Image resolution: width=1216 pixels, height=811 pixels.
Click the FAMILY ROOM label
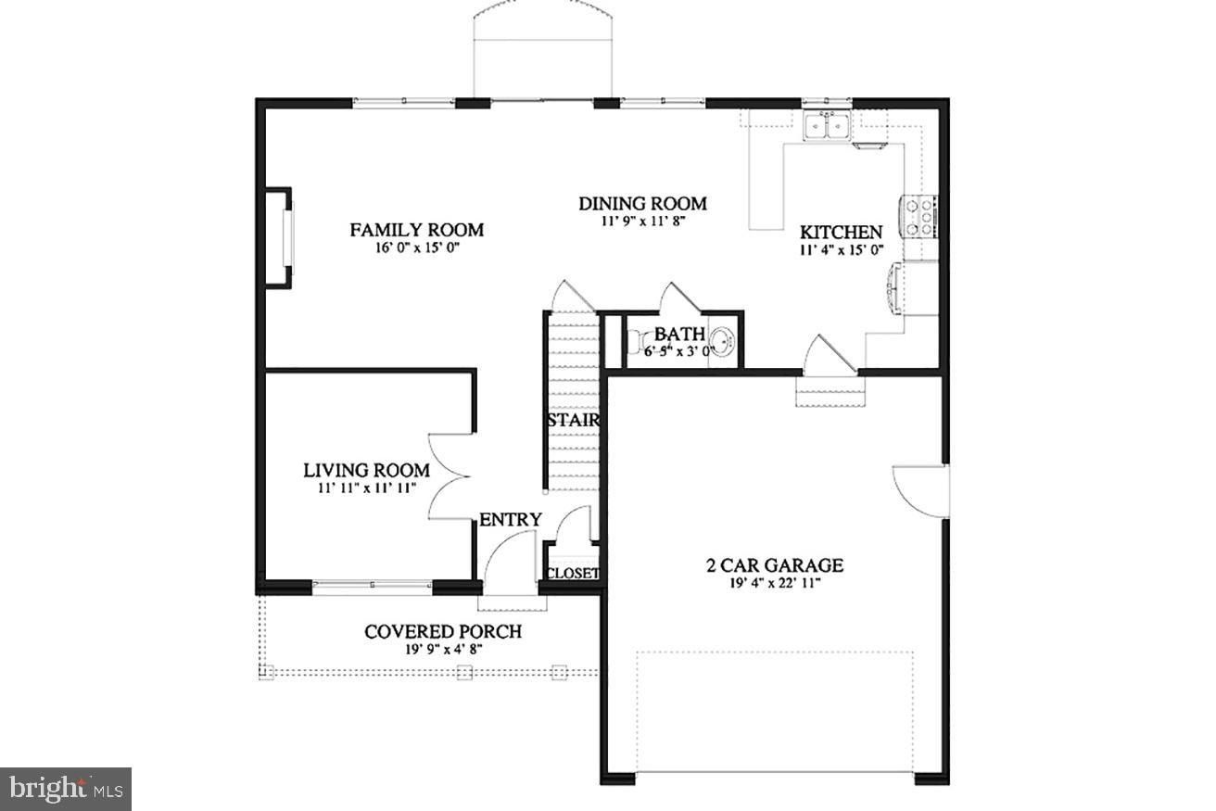click(416, 230)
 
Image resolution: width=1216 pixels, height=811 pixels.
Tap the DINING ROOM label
click(642, 204)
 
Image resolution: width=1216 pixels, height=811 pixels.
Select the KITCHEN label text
click(841, 233)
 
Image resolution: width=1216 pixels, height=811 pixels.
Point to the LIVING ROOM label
click(366, 470)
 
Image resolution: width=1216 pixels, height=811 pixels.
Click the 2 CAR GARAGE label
click(771, 565)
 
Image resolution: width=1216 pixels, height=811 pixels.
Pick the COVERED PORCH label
click(442, 632)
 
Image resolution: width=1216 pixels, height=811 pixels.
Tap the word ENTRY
click(510, 520)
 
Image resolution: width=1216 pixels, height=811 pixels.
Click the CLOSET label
click(573, 574)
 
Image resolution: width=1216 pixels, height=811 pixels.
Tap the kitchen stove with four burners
click(918, 217)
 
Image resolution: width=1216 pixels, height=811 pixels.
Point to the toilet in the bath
click(636, 344)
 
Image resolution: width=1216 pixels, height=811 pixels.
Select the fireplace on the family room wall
click(280, 238)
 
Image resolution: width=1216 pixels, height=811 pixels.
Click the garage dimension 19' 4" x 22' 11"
click(771, 584)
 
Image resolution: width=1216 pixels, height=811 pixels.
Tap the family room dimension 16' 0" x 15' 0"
click(416, 248)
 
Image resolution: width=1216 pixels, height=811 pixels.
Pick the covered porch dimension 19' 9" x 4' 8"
click(442, 649)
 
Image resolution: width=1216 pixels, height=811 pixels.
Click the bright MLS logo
click(65, 789)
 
